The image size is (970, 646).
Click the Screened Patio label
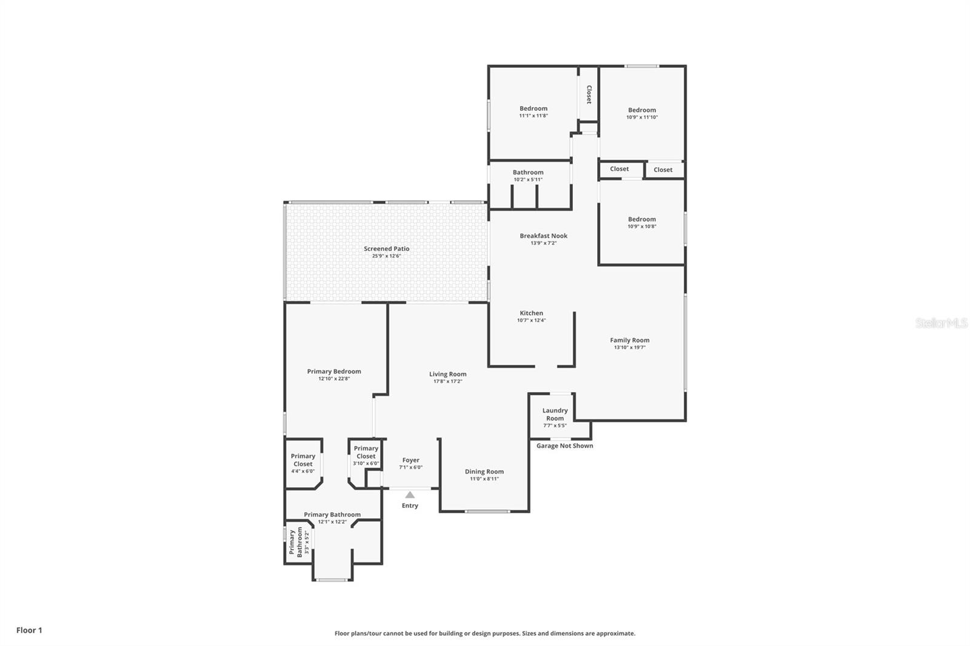[386, 248]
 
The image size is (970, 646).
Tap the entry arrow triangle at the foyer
[410, 495]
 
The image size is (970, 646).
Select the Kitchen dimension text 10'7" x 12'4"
[531, 321]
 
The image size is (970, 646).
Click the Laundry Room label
[555, 414]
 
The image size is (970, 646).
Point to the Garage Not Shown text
[564, 446]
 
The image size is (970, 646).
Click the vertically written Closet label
[589, 94]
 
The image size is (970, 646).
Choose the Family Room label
[629, 340]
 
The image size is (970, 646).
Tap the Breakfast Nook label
[543, 236]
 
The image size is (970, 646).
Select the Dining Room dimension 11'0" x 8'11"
[484, 479]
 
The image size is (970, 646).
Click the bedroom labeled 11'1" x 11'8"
[533, 112]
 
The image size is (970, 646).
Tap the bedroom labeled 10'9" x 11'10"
[641, 113]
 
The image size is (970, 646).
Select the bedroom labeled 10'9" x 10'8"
[641, 222]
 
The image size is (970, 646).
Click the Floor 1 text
[29, 630]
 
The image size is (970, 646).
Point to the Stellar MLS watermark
[941, 323]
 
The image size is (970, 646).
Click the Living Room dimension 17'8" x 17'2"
[447, 382]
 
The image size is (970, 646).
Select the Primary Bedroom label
[333, 371]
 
